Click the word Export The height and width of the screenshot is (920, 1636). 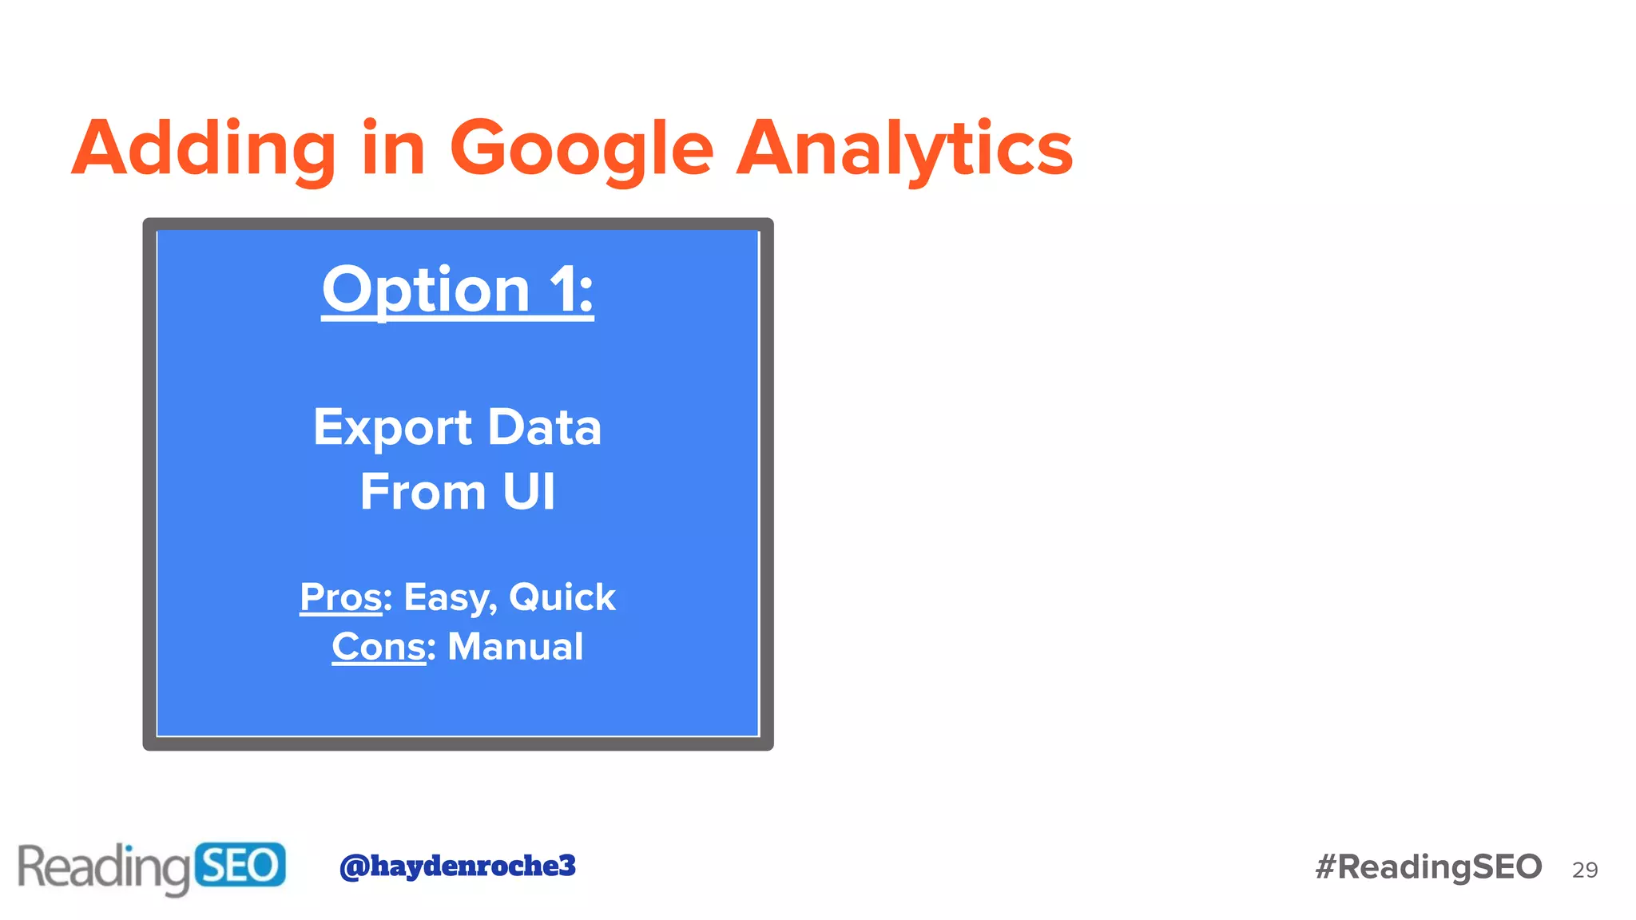click(392, 427)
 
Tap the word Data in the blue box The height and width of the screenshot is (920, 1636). click(544, 427)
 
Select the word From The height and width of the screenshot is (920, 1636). click(423, 491)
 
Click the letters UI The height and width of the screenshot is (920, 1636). click(528, 491)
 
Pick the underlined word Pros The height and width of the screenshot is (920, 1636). click(341, 597)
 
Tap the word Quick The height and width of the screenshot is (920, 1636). click(562, 597)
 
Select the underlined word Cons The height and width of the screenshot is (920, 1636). click(379, 647)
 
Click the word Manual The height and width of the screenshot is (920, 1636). click(515, 647)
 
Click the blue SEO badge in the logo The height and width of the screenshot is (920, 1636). click(239, 865)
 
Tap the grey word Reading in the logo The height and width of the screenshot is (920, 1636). click(104, 867)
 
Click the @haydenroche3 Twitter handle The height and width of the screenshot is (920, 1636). click(457, 866)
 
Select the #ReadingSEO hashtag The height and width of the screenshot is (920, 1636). click(1428, 867)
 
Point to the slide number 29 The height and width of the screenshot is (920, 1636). click(1584, 870)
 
